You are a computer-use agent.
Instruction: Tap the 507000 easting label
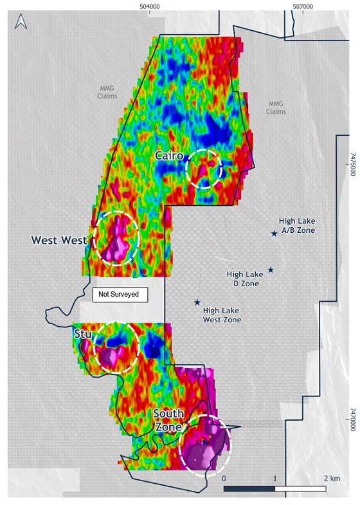point(302,6)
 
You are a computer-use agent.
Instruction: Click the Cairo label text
point(170,156)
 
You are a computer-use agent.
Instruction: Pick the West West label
point(59,241)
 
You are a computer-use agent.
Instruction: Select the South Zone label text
point(170,419)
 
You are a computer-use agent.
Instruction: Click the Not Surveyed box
point(120,295)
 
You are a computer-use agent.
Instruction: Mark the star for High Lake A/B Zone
point(274,234)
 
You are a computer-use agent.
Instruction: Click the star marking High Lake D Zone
point(271,270)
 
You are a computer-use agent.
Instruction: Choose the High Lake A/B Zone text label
point(297,225)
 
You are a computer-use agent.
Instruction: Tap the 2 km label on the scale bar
point(332,479)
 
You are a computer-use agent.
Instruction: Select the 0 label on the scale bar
point(224,479)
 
